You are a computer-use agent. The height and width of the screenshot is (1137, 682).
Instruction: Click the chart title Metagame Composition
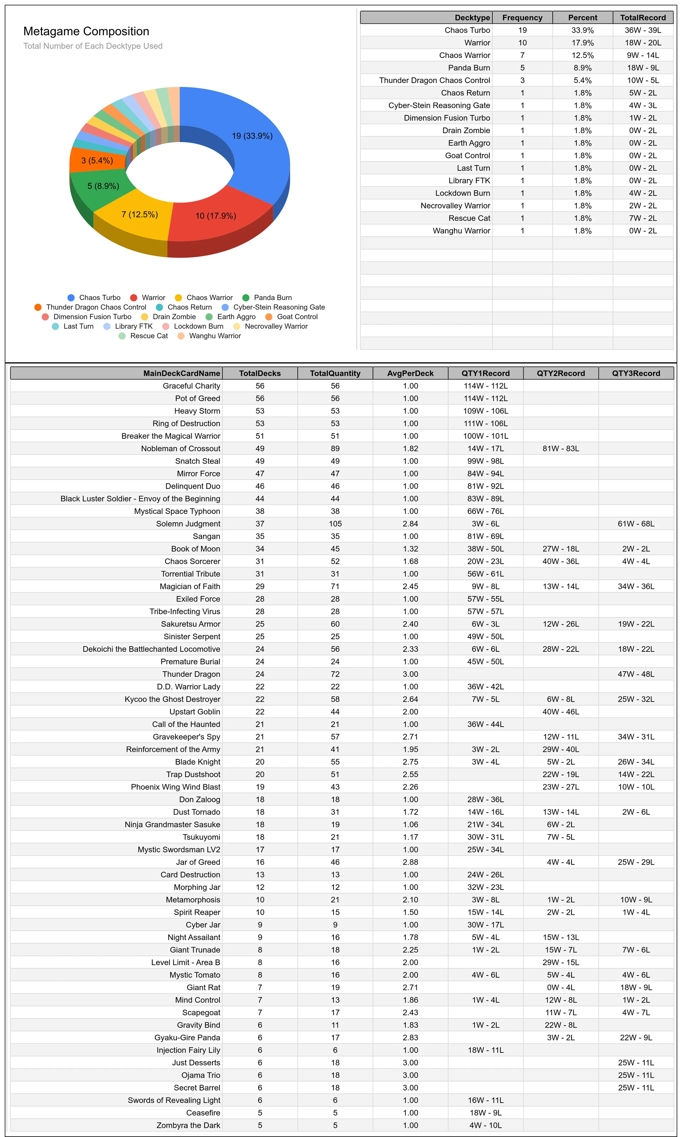(86, 31)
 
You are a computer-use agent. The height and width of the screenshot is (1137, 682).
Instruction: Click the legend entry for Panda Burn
(267, 297)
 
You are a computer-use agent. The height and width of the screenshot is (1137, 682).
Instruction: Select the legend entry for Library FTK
(128, 326)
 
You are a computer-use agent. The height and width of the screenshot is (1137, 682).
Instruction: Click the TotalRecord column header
(643, 17)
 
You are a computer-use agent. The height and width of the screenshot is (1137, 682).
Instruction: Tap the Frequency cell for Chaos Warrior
(522, 55)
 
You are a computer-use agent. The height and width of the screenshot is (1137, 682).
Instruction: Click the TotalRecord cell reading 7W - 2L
(643, 218)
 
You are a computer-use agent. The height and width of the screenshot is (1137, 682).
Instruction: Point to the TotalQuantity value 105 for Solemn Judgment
(335, 524)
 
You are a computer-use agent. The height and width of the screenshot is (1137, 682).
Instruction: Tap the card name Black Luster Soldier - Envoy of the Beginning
(140, 499)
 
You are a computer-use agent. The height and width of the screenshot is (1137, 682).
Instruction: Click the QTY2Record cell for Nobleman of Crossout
(561, 449)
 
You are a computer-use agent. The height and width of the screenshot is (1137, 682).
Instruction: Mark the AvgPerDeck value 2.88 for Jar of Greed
(410, 862)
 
